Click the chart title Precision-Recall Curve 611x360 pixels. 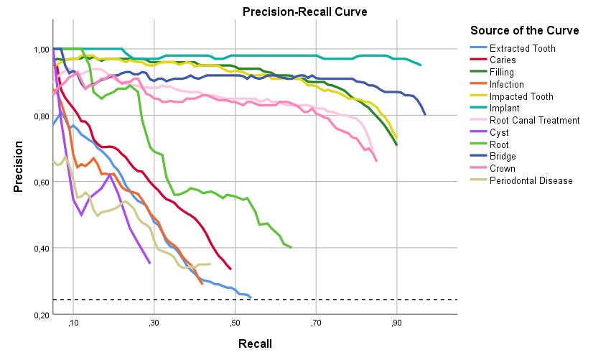click(x=294, y=12)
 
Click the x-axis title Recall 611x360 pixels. click(x=255, y=343)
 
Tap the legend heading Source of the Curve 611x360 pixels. click(x=524, y=31)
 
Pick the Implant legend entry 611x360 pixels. click(x=505, y=109)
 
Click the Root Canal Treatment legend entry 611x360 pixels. click(x=534, y=121)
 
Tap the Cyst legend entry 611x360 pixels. click(x=500, y=132)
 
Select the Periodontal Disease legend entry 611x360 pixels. click(x=531, y=180)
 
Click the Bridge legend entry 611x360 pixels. click(x=503, y=157)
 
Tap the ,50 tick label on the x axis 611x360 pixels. click(x=235, y=325)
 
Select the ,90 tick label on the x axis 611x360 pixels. click(x=396, y=325)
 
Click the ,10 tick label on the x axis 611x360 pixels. click(x=73, y=325)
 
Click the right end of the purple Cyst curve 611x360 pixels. click(x=150, y=263)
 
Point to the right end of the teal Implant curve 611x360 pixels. click(x=421, y=65)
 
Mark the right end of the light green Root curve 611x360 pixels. click(x=291, y=247)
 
